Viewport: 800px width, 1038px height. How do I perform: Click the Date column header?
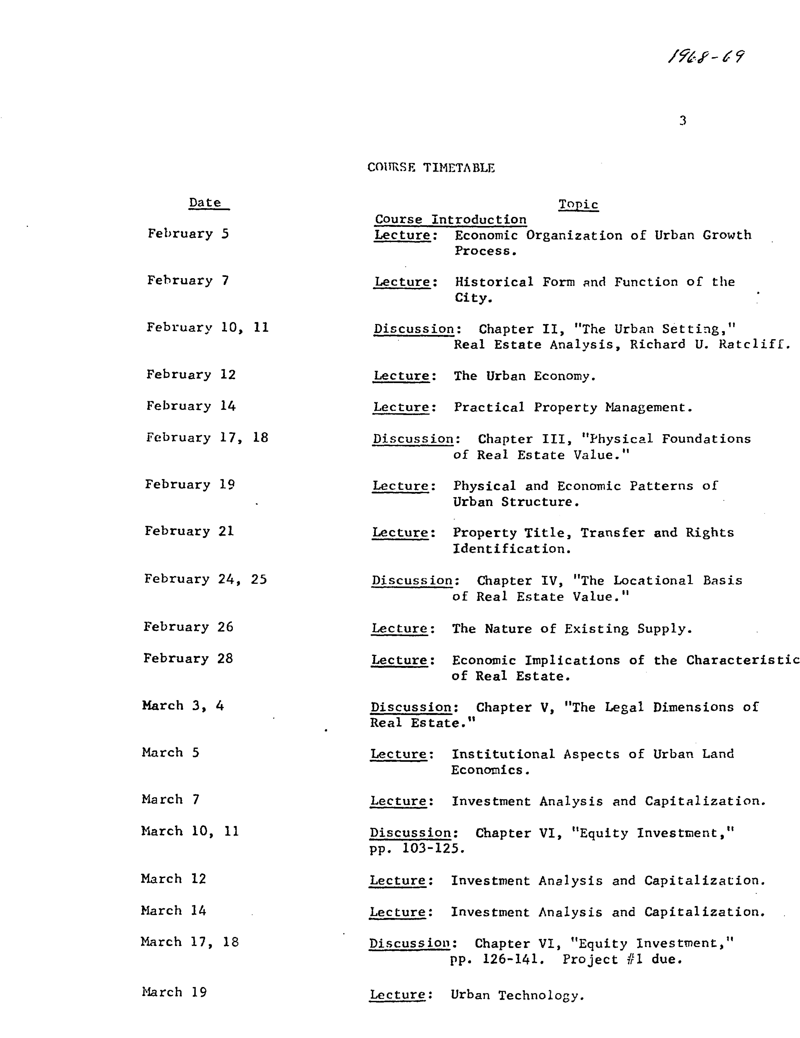coord(205,203)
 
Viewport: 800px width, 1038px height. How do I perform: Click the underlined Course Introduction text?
coord(451,220)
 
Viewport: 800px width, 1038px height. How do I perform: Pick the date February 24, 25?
coord(205,579)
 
